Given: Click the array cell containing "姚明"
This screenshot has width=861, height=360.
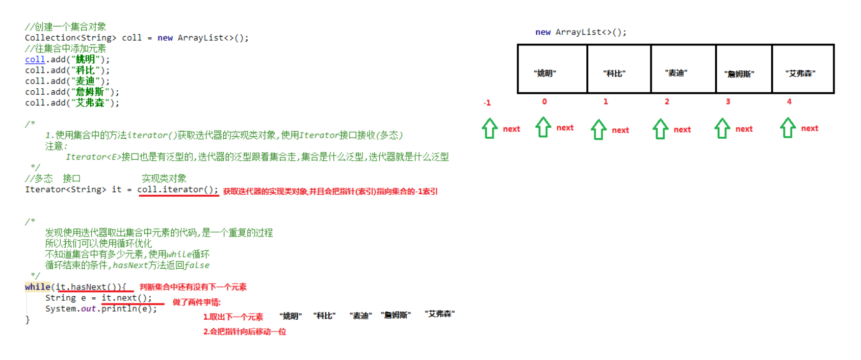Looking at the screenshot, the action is pos(552,69).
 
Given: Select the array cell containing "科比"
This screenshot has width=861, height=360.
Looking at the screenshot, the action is pos(619,69).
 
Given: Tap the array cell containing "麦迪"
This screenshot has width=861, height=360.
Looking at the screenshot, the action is pos(683,69).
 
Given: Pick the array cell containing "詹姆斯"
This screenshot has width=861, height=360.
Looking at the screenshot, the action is pos(744,69).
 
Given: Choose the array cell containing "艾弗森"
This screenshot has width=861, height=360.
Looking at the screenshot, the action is pos(803,69).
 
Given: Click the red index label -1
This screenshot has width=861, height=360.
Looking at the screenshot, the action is pos(487,103).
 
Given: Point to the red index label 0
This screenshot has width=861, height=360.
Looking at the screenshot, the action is pos(544,101).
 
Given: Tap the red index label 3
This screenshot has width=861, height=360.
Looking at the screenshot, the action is pos(728,101).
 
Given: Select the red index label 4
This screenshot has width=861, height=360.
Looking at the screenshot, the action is pos(789,101).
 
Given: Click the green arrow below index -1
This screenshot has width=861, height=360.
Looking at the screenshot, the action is pos(490,128).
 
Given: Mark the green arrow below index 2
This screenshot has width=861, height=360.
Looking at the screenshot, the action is pos(660,129).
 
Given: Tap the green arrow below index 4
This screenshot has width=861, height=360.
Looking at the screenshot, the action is pos(788,128).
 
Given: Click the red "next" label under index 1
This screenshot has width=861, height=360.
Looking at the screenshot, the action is pos(620,131).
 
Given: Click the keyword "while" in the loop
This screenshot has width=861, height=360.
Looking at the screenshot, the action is pos(38,287).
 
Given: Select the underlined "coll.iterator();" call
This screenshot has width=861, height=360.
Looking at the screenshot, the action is pos(177,190).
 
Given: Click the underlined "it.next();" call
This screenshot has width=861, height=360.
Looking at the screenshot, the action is pos(126,298).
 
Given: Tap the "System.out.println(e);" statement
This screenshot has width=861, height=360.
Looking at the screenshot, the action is pos(101,309).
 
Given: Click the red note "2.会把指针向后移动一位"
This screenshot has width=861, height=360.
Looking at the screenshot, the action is pos(245,331).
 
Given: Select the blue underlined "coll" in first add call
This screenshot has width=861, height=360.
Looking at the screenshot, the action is pos(35,60).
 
